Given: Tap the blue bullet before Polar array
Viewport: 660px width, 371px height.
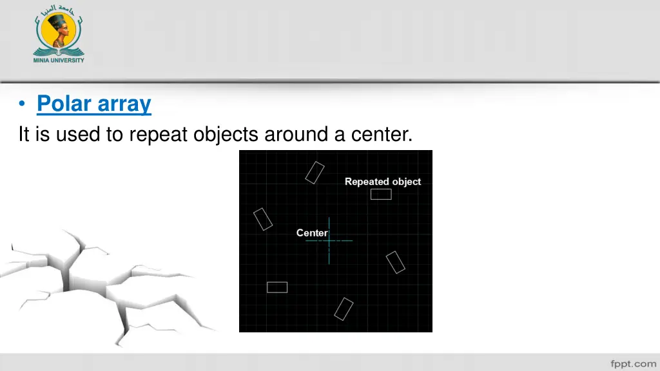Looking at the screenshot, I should pos(23,104).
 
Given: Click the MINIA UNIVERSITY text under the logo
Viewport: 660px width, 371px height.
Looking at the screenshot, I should pos(59,60).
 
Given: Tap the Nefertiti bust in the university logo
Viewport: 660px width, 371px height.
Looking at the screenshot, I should pos(59,32).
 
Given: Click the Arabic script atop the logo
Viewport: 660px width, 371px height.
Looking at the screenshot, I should pos(59,10).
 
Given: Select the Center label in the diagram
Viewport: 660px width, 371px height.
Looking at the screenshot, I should pos(312,233).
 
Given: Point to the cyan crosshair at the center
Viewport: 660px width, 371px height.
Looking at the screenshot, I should pos(329,240).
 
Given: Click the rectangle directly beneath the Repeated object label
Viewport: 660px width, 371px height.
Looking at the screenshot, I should pos(381,194).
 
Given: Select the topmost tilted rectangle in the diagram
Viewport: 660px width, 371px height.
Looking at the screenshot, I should pos(315,173).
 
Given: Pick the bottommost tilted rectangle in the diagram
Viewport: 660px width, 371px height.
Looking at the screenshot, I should pos(344,309).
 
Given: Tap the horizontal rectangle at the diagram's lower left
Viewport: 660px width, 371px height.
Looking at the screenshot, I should pos(277,287).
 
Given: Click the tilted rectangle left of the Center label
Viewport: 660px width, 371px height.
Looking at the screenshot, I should pos(263,219).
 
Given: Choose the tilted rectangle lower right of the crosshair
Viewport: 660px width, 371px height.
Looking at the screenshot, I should pos(395,262).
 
